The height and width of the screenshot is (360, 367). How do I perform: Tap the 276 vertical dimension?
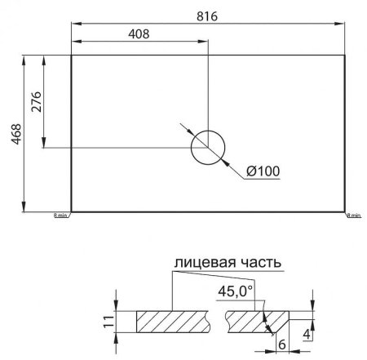36,102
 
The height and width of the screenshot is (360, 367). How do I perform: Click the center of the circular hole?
208,148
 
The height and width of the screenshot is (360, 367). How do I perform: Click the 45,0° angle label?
237,291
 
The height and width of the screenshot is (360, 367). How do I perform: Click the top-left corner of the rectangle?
72,56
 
